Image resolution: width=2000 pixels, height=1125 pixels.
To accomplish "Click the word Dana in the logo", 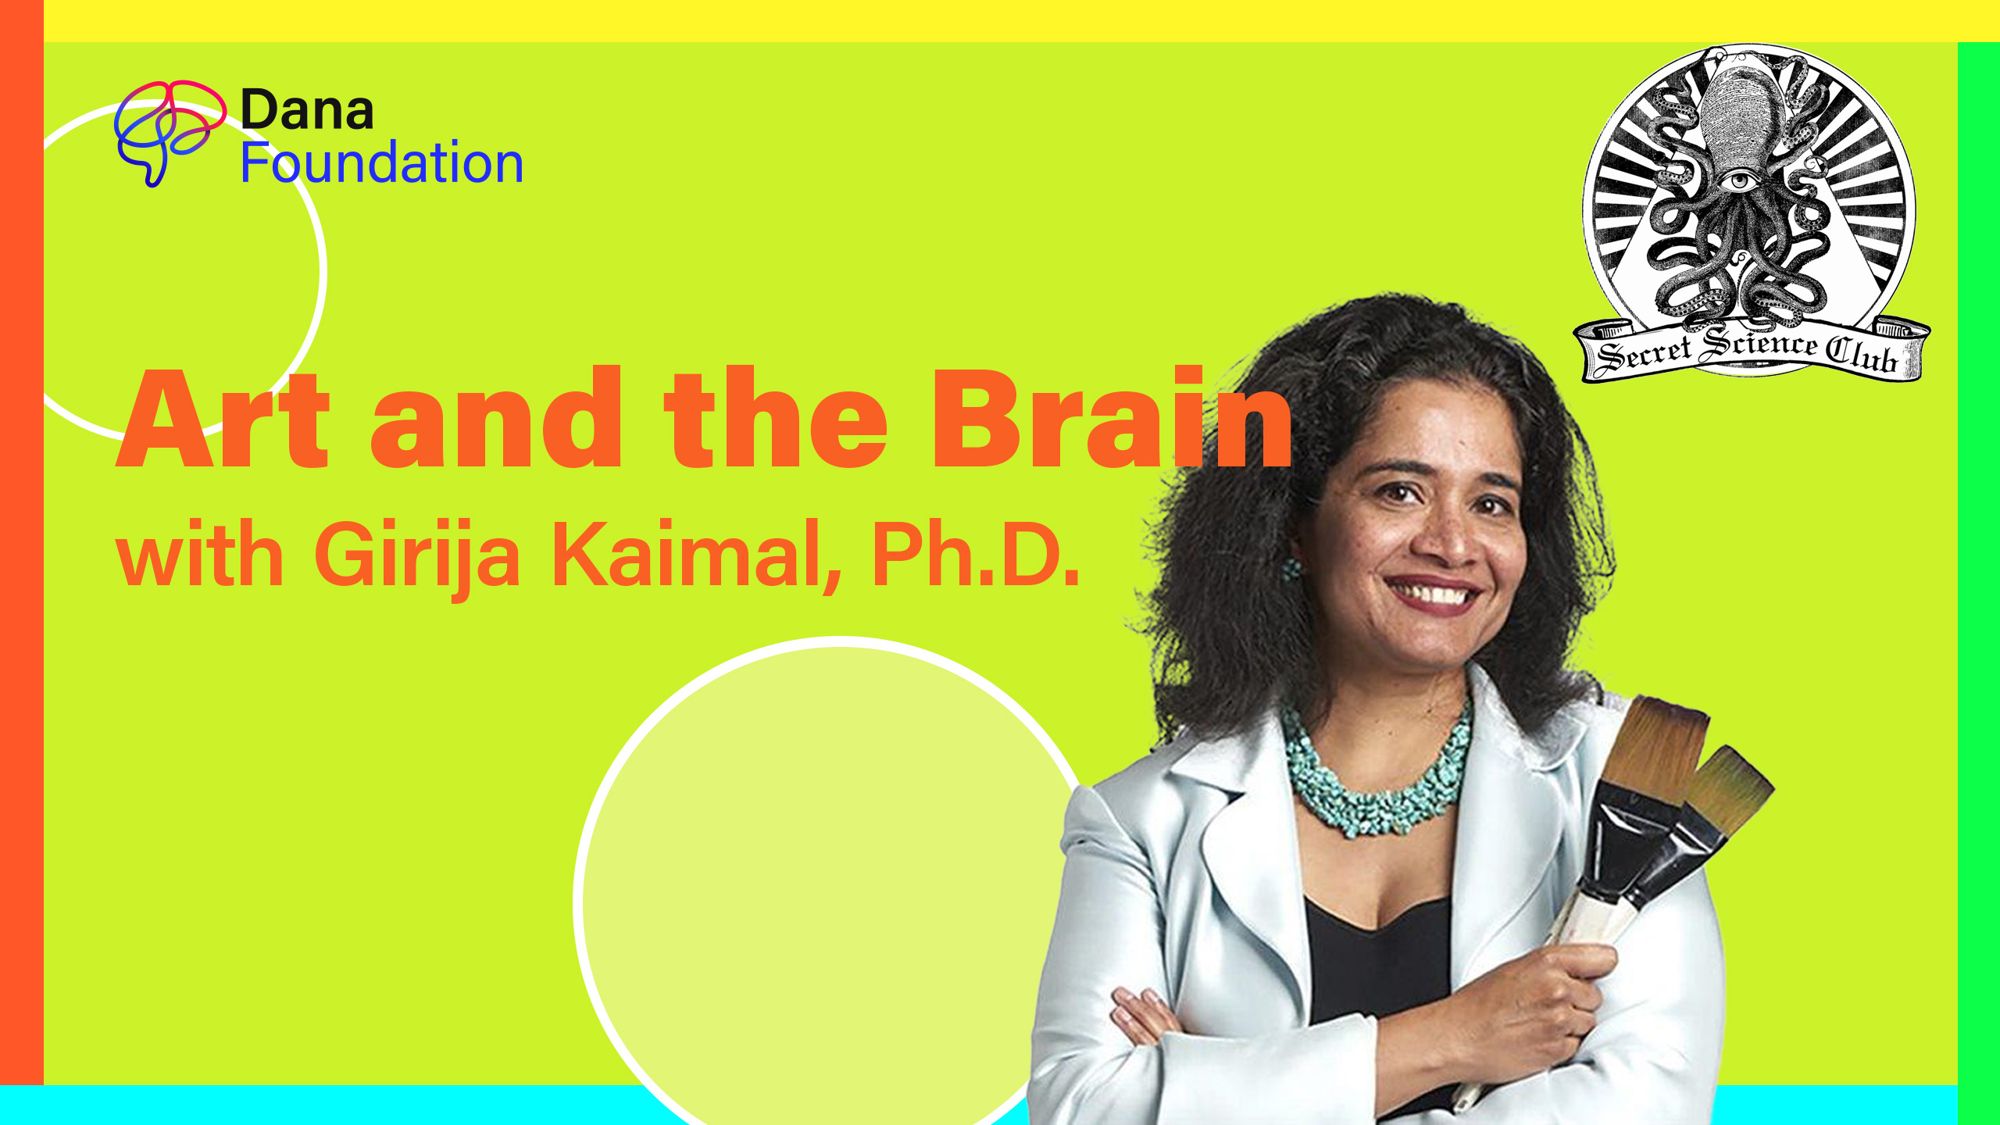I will click(307, 110).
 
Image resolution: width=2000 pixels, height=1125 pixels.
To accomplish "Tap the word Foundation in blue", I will click(381, 163).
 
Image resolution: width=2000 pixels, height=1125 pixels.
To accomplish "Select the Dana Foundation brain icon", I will click(169, 132).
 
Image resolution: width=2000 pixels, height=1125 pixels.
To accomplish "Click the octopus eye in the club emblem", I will click(1739, 181).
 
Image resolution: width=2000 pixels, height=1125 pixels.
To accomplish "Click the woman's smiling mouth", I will click(1433, 594).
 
